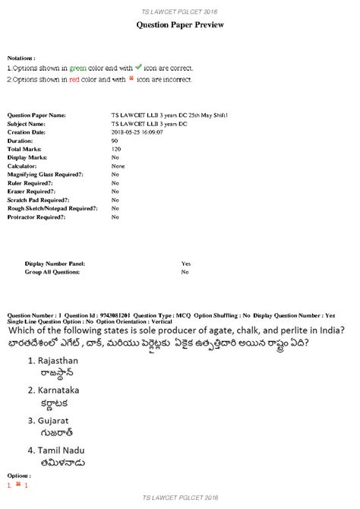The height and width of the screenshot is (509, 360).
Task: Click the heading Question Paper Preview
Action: pos(180,25)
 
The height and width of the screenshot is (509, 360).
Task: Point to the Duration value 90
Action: pos(115,141)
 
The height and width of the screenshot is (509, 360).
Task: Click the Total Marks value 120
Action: pos(116,149)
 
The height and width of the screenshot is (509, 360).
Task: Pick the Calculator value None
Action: pos(118,166)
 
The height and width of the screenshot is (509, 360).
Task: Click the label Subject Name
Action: pos(27,123)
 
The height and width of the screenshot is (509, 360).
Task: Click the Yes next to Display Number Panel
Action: pos(186,263)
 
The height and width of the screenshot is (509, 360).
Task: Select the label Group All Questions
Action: pos(53,271)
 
